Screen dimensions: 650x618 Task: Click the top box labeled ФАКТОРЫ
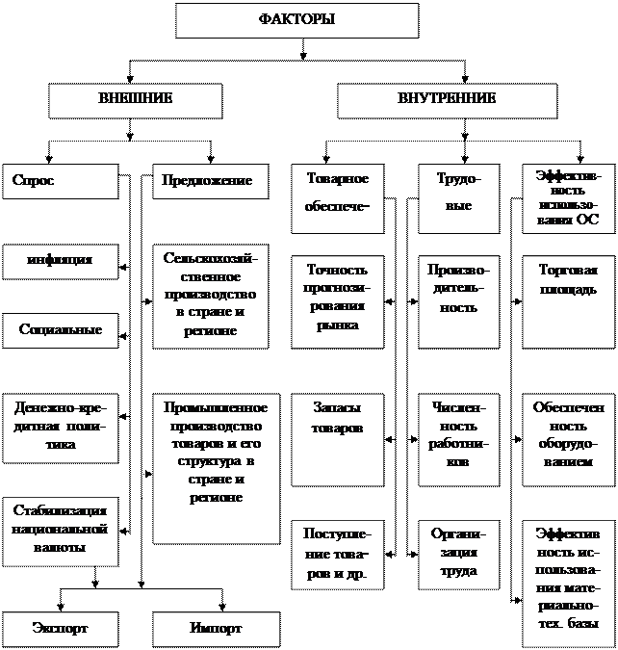[x=296, y=20]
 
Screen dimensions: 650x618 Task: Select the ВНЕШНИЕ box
[x=136, y=100]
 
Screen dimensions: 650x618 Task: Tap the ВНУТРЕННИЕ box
[x=447, y=100]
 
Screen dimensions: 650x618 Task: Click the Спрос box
[x=60, y=181]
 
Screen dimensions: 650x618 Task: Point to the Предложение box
[x=210, y=181]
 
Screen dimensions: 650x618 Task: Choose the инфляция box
[x=60, y=261]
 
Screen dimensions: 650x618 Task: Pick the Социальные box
[x=60, y=330]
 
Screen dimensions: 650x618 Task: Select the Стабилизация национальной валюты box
[x=60, y=531]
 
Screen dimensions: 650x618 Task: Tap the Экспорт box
[x=60, y=629]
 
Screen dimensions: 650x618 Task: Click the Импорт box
[x=210, y=629]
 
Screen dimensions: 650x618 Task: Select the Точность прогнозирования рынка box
[x=337, y=299]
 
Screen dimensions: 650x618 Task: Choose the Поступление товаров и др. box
[x=337, y=554]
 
